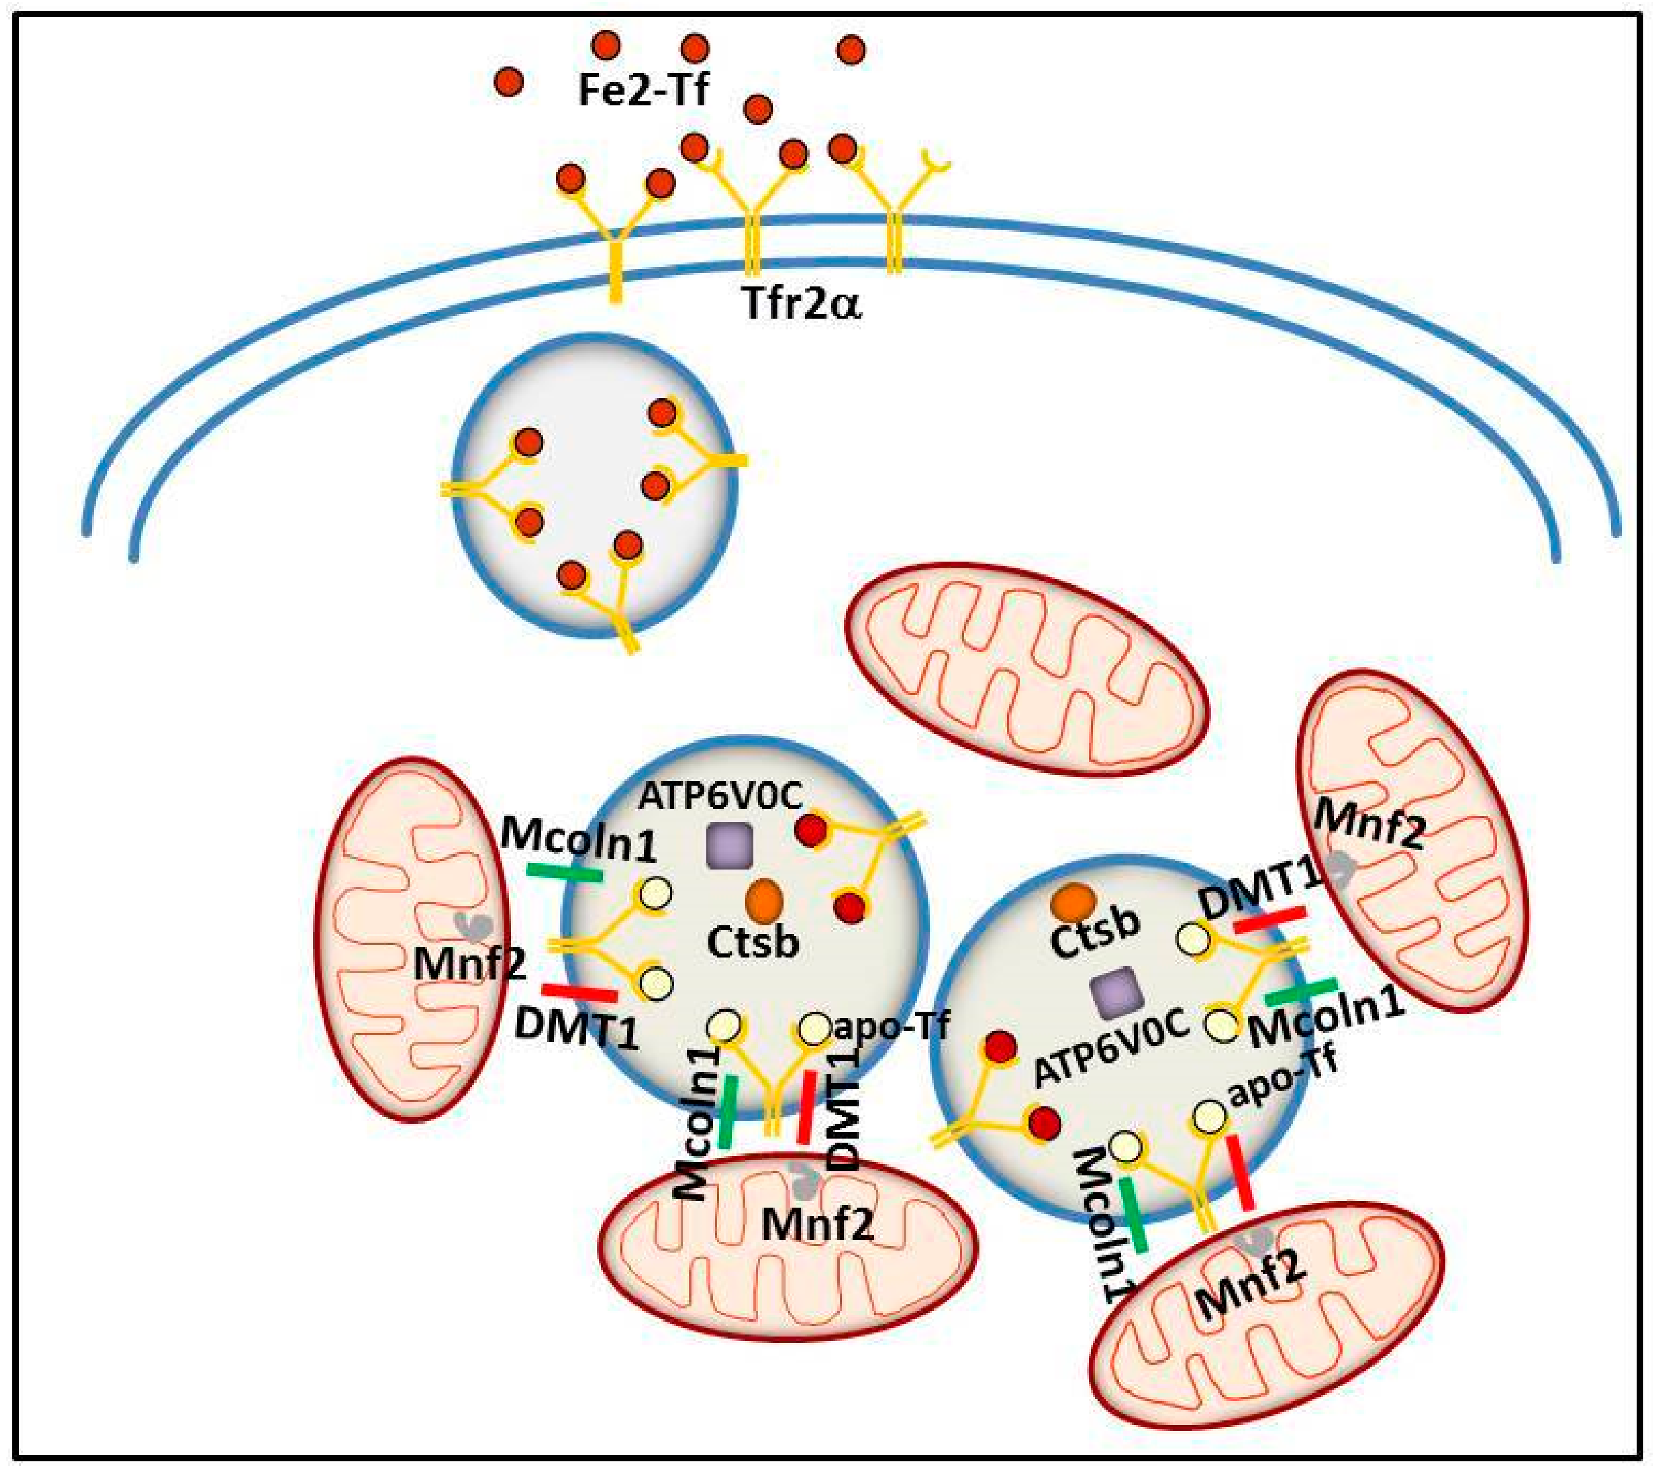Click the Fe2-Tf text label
[643, 89]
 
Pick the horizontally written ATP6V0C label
[720, 797]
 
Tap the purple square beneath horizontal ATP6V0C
[729, 846]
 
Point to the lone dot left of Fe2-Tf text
[509, 82]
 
